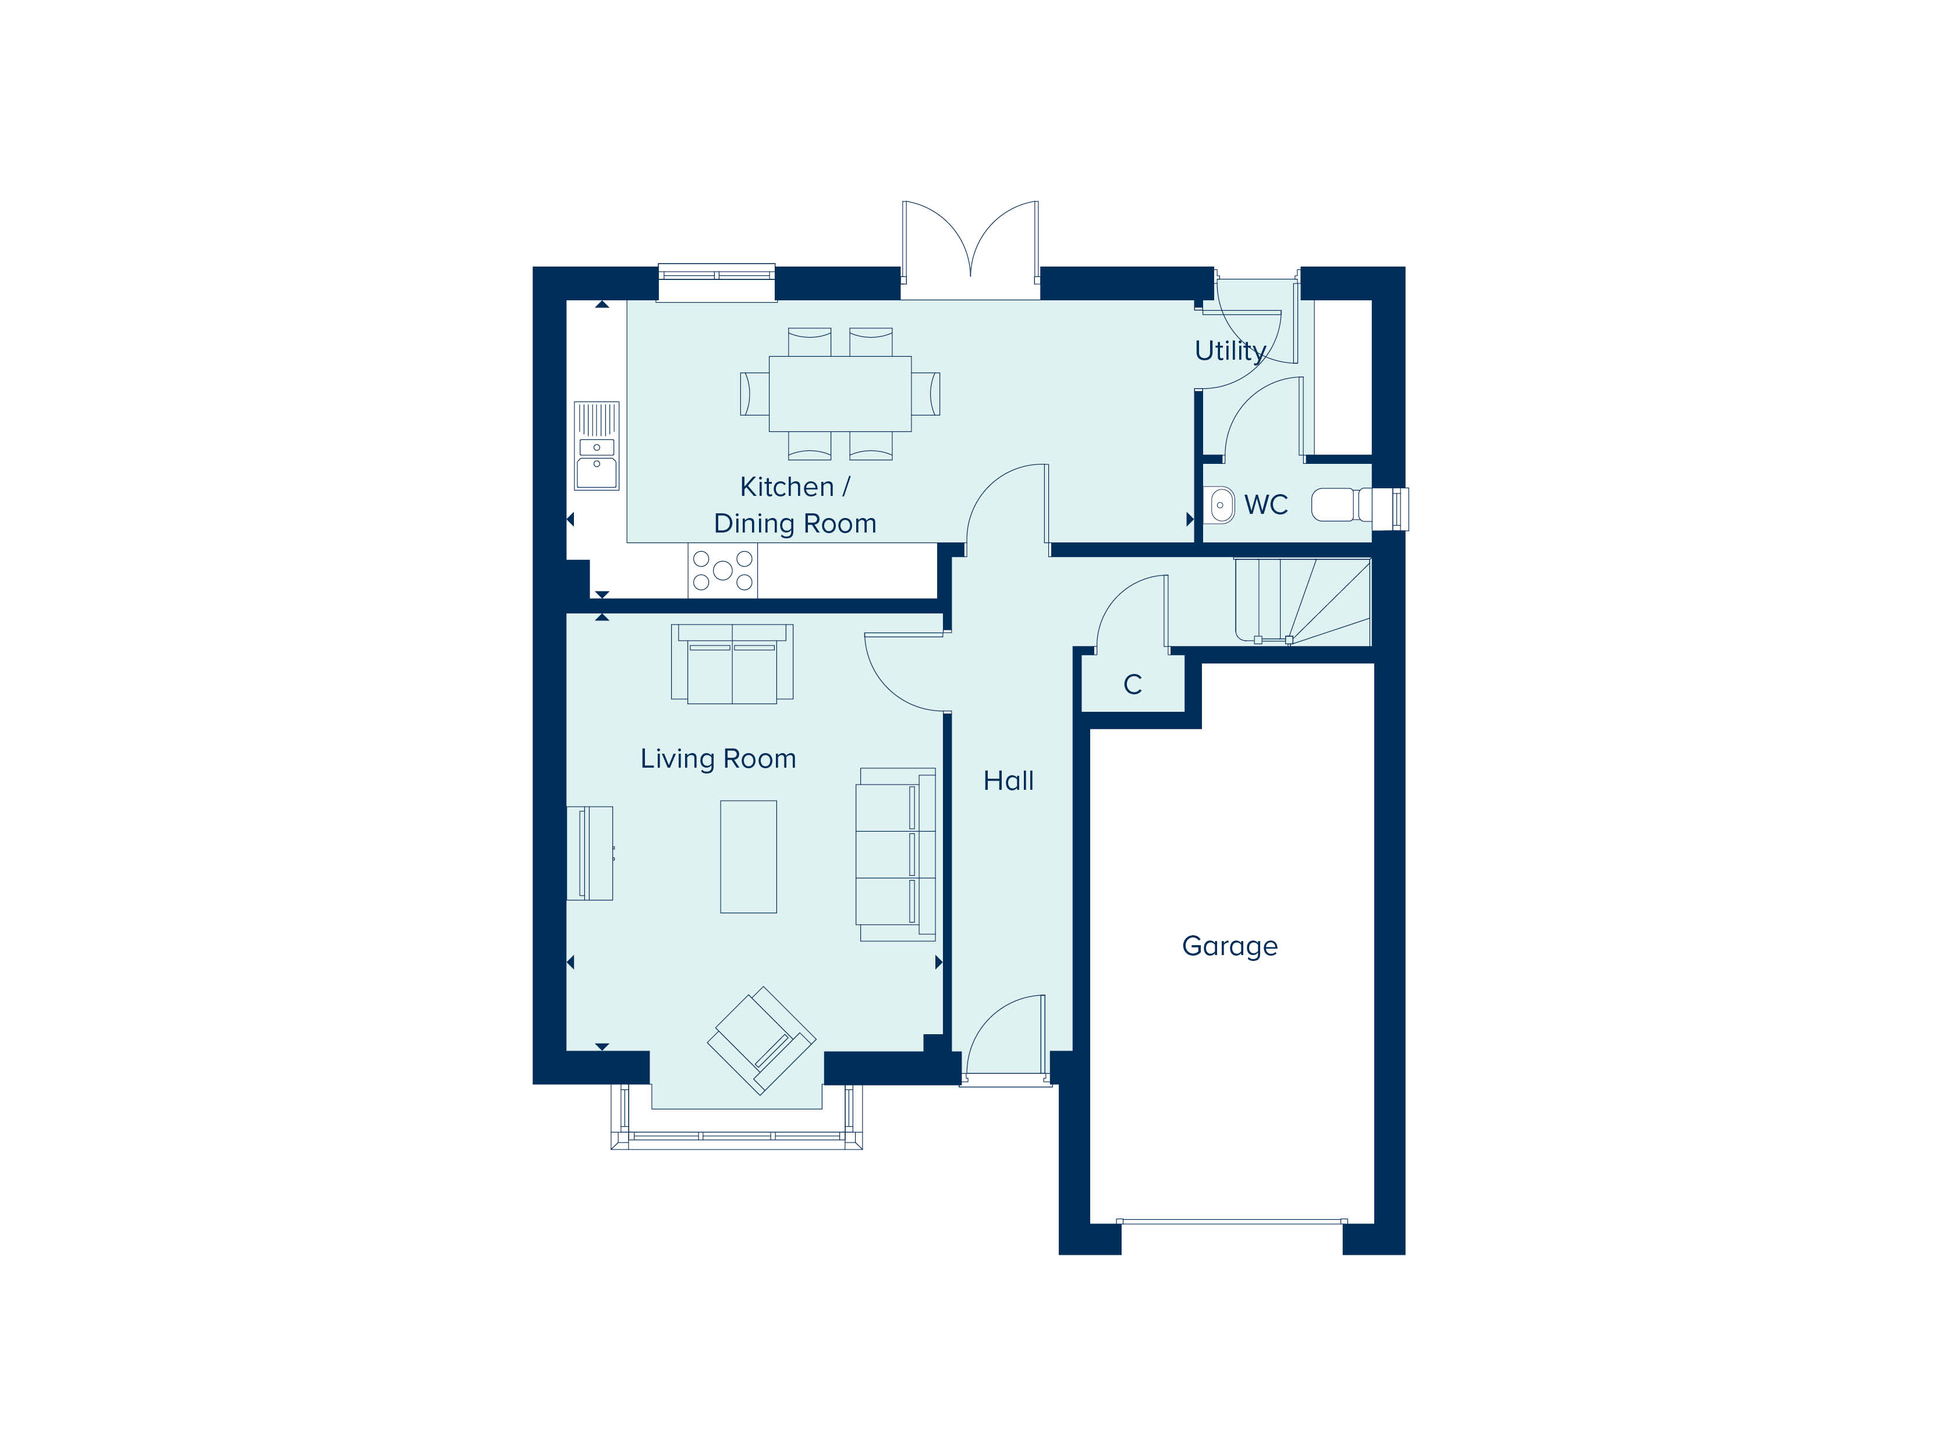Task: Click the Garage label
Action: click(1230, 946)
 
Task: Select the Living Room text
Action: click(718, 758)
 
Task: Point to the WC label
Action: click(1265, 505)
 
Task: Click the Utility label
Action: click(1230, 351)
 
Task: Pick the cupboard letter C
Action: click(1132, 684)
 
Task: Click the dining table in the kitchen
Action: click(839, 394)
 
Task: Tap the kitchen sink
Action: click(597, 446)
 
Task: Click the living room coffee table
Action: click(748, 857)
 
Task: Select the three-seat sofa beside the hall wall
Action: click(895, 855)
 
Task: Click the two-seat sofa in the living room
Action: click(732, 664)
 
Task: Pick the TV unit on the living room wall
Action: click(590, 853)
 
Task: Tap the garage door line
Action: click(1232, 1221)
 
